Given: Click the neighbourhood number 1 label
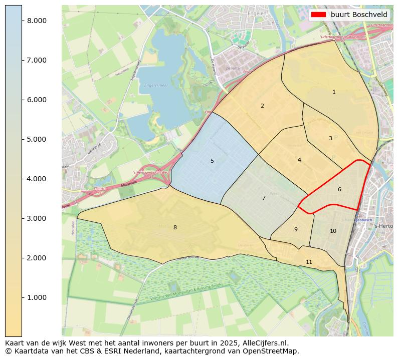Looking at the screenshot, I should click(x=334, y=92).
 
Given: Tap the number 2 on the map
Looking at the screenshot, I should click(x=262, y=106).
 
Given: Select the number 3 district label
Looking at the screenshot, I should click(x=330, y=138).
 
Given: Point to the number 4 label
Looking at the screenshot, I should click(x=299, y=160).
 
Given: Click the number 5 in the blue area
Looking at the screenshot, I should click(x=212, y=161).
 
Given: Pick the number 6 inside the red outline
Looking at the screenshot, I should click(x=339, y=189).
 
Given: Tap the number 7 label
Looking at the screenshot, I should click(x=264, y=198).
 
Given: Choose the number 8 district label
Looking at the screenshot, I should click(x=175, y=227).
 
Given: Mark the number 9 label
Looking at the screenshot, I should click(x=296, y=229).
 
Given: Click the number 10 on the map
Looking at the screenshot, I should click(x=333, y=231).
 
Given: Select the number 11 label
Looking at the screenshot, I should click(x=309, y=262).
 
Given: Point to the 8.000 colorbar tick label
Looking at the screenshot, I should click(x=36, y=21).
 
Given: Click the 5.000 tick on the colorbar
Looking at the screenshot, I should click(x=36, y=139).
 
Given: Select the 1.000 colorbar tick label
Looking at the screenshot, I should click(x=36, y=297).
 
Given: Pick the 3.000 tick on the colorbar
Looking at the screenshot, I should click(x=36, y=218).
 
